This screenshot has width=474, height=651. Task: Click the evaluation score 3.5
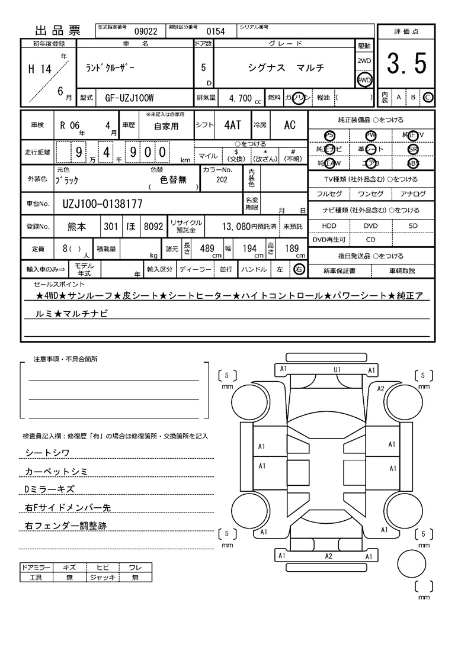coord(406,64)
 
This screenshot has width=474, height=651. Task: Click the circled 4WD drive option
coord(364,79)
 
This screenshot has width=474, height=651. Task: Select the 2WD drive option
coord(364,61)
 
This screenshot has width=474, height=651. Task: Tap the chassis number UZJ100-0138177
coord(102,204)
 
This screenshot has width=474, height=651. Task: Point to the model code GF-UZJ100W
coord(130,98)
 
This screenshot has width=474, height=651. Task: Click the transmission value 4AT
coord(232,125)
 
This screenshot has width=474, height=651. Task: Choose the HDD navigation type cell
coord(329,225)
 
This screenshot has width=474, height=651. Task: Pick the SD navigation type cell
coord(413,225)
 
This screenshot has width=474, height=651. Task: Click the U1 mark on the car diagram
coord(337,370)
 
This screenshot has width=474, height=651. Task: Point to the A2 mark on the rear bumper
coord(328,556)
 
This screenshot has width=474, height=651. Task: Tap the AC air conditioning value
coord(290,125)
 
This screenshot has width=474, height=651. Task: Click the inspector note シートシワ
coord(47,453)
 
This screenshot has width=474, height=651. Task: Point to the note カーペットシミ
coord(56,471)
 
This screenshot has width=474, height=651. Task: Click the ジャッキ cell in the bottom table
coord(103,577)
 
